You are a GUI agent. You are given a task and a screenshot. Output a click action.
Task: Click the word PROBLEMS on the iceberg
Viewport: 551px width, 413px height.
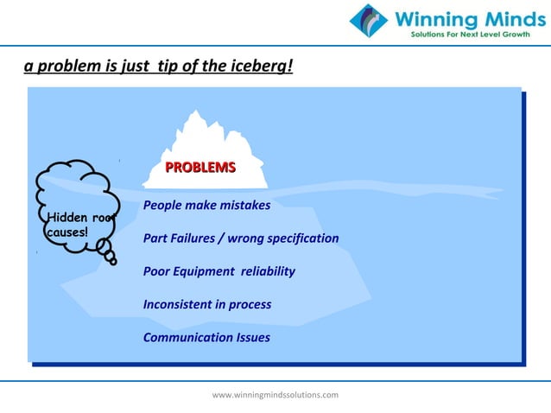(x=200, y=168)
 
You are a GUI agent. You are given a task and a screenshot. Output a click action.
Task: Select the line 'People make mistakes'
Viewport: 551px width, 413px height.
(x=206, y=206)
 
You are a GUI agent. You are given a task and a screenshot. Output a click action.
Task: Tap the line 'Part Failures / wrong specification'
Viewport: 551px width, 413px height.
(x=241, y=238)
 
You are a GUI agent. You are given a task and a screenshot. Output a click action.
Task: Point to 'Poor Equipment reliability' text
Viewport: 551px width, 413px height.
(x=218, y=271)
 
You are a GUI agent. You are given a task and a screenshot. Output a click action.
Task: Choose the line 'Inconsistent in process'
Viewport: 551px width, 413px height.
(x=207, y=304)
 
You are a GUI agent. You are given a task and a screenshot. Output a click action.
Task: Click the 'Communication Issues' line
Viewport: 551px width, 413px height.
(x=206, y=337)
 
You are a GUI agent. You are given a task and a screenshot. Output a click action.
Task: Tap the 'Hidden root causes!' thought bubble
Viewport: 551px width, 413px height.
(x=73, y=207)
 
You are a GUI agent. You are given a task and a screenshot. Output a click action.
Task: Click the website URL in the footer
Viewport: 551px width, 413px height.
(x=275, y=395)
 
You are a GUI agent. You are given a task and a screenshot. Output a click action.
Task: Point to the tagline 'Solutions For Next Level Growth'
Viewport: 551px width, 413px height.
(x=472, y=35)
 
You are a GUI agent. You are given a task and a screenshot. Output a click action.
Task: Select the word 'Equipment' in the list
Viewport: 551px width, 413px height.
(x=203, y=271)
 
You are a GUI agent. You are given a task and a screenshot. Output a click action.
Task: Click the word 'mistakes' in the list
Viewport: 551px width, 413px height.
(x=245, y=206)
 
